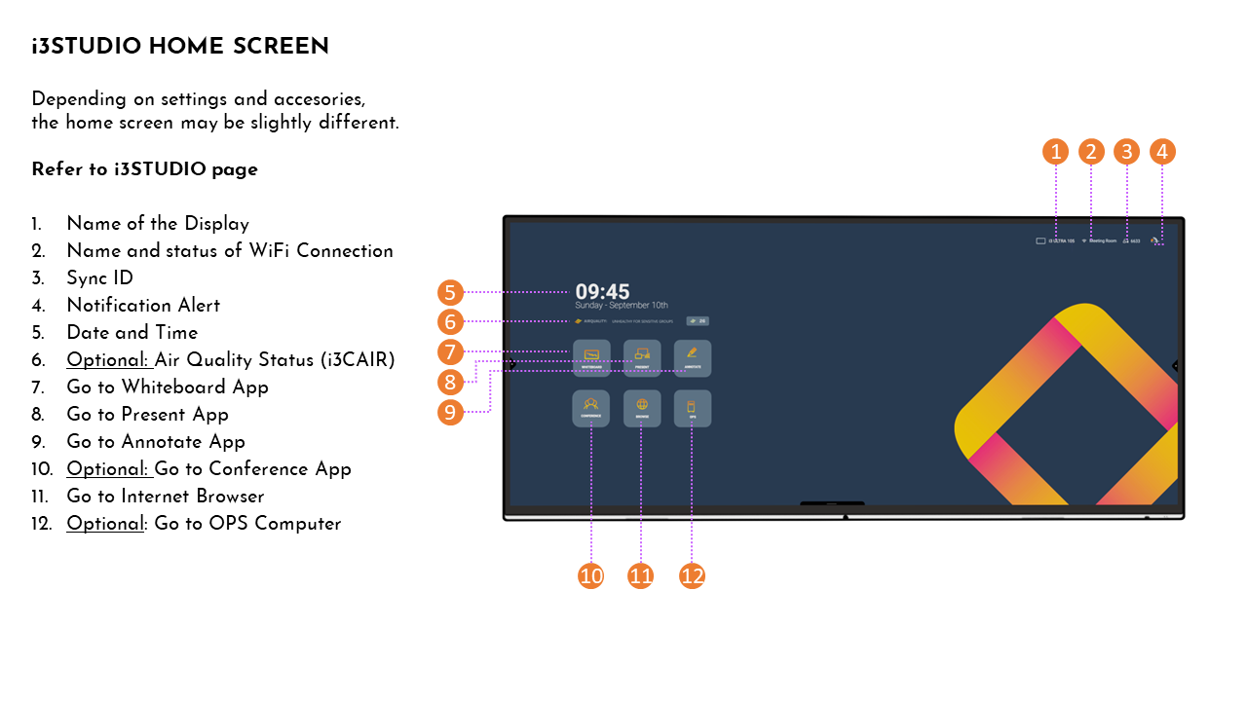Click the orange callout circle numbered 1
1055,152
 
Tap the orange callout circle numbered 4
1162,152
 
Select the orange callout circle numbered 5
450,292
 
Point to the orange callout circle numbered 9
450,412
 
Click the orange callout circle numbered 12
692,576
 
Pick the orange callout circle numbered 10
591,576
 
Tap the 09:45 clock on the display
602,291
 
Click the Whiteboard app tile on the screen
591,357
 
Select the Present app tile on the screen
642,357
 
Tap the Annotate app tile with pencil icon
693,357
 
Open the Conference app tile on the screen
591,408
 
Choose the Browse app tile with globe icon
642,408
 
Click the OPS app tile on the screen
693,408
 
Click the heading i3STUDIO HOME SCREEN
180,47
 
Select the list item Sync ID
99,278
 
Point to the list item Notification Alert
143,306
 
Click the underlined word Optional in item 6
107,360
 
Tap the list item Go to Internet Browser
166,497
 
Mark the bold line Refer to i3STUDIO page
144,169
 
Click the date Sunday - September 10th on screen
622,306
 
